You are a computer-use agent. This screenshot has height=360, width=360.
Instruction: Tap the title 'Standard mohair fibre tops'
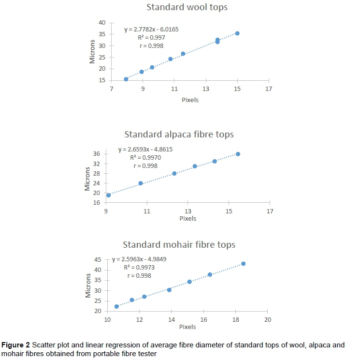click(179, 244)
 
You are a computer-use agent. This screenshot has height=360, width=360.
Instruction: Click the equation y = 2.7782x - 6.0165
click(151, 29)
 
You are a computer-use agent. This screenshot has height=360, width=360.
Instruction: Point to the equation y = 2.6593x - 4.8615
click(145, 149)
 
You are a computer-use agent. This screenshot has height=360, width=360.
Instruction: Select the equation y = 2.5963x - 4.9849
click(139, 259)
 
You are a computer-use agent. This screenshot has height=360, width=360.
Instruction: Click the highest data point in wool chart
click(237, 33)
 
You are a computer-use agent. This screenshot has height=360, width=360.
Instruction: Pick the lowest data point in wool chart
click(126, 79)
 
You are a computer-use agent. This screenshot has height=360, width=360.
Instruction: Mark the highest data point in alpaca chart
click(238, 154)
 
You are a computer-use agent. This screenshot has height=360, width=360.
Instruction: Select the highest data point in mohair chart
click(244, 264)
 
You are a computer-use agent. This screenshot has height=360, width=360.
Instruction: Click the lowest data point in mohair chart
click(116, 306)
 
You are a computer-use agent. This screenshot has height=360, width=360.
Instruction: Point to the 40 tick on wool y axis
click(101, 22)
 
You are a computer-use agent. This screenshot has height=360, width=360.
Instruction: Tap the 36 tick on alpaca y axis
click(96, 154)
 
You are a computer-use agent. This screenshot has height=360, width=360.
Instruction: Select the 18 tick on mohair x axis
click(236, 319)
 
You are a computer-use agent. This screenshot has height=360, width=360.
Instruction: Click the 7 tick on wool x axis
click(111, 89)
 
